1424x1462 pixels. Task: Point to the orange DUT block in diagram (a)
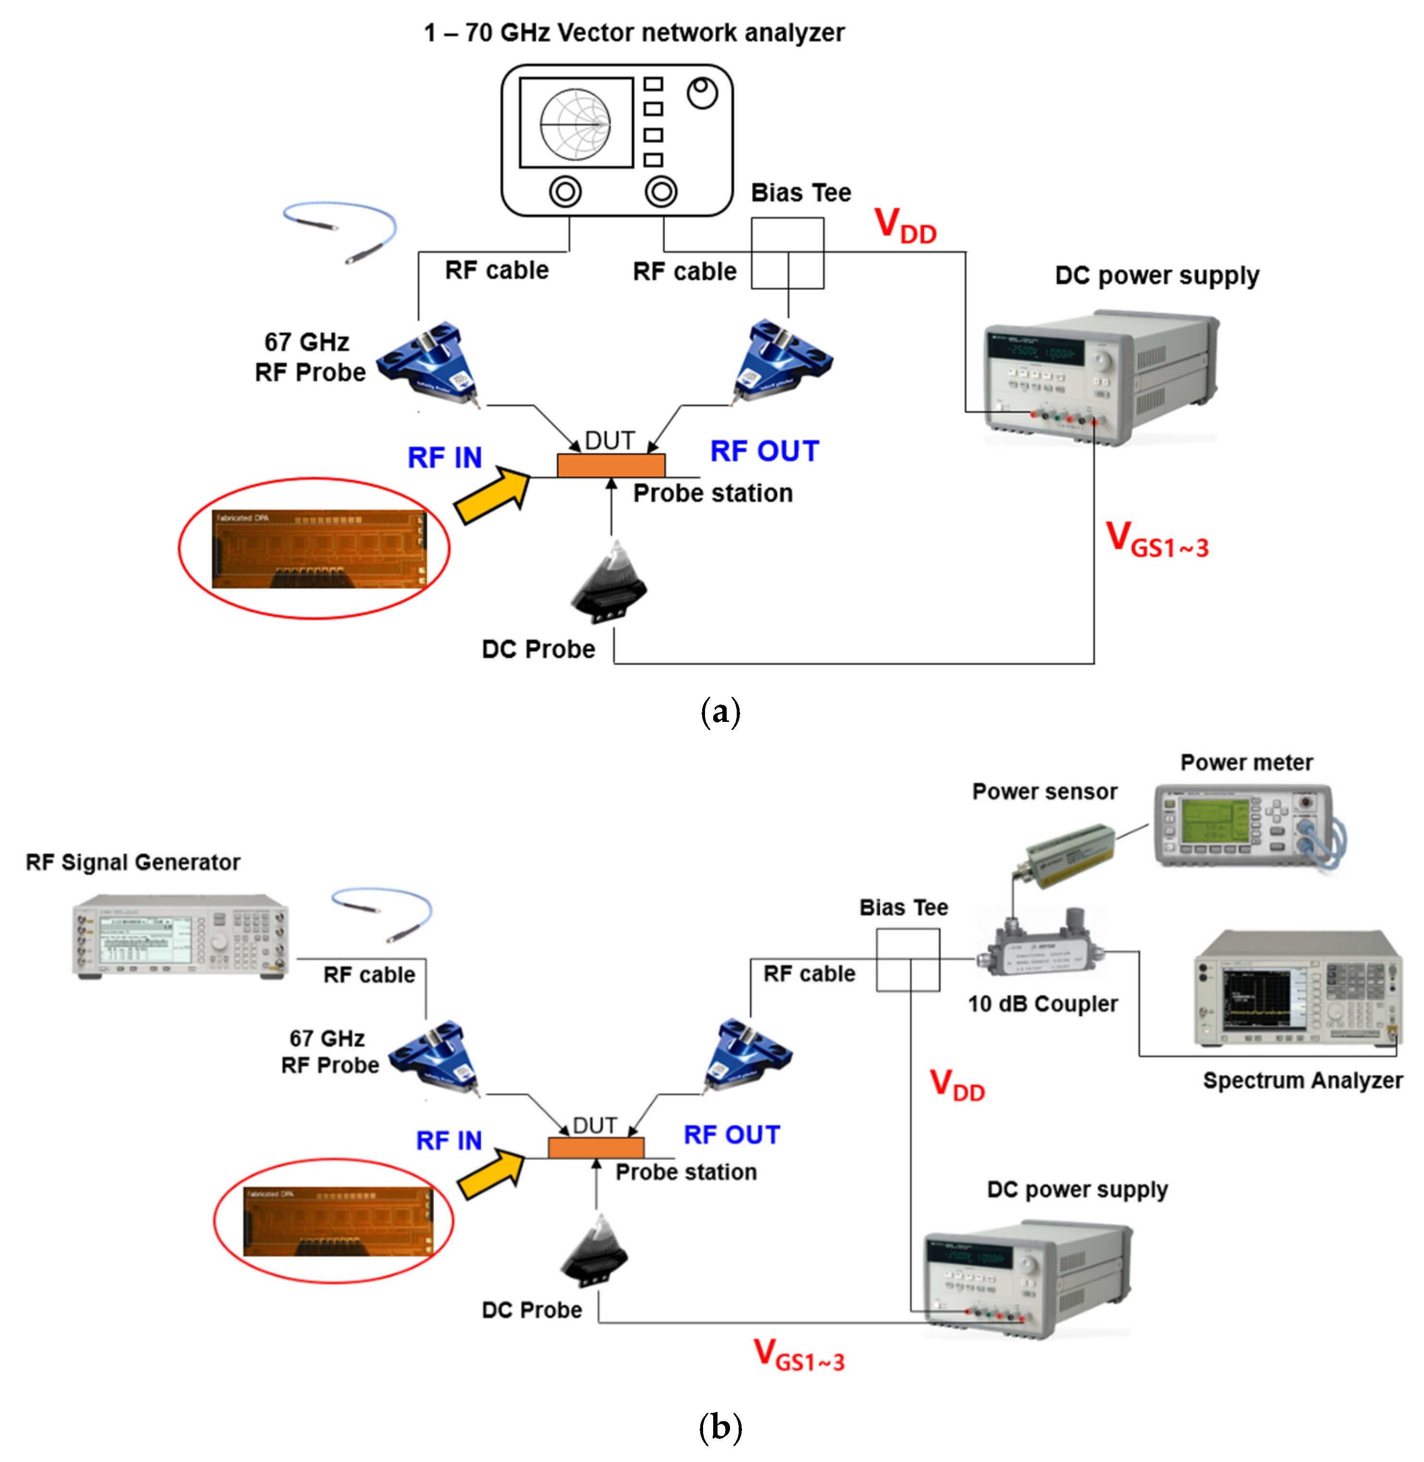[x=610, y=465]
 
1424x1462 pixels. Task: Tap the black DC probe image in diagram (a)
[x=609, y=583]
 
